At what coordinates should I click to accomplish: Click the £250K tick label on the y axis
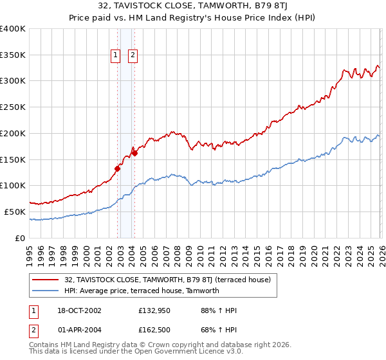point(13,107)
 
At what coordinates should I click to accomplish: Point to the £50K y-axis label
point(15,212)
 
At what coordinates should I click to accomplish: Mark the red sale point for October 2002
point(118,169)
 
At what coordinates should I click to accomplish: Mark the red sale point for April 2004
point(134,154)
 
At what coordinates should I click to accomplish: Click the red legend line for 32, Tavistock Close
point(46,280)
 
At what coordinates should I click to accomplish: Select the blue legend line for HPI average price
point(46,291)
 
